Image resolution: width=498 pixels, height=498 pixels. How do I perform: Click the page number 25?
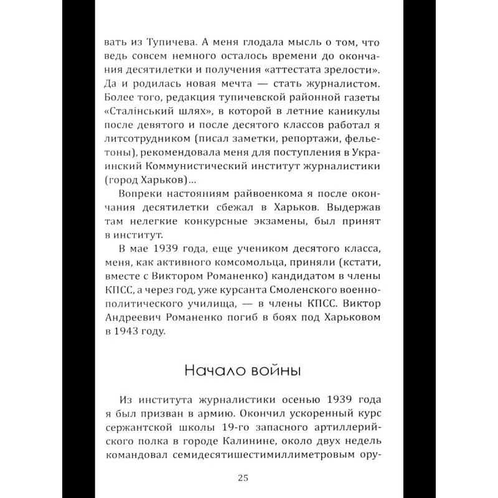(x=243, y=478)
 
